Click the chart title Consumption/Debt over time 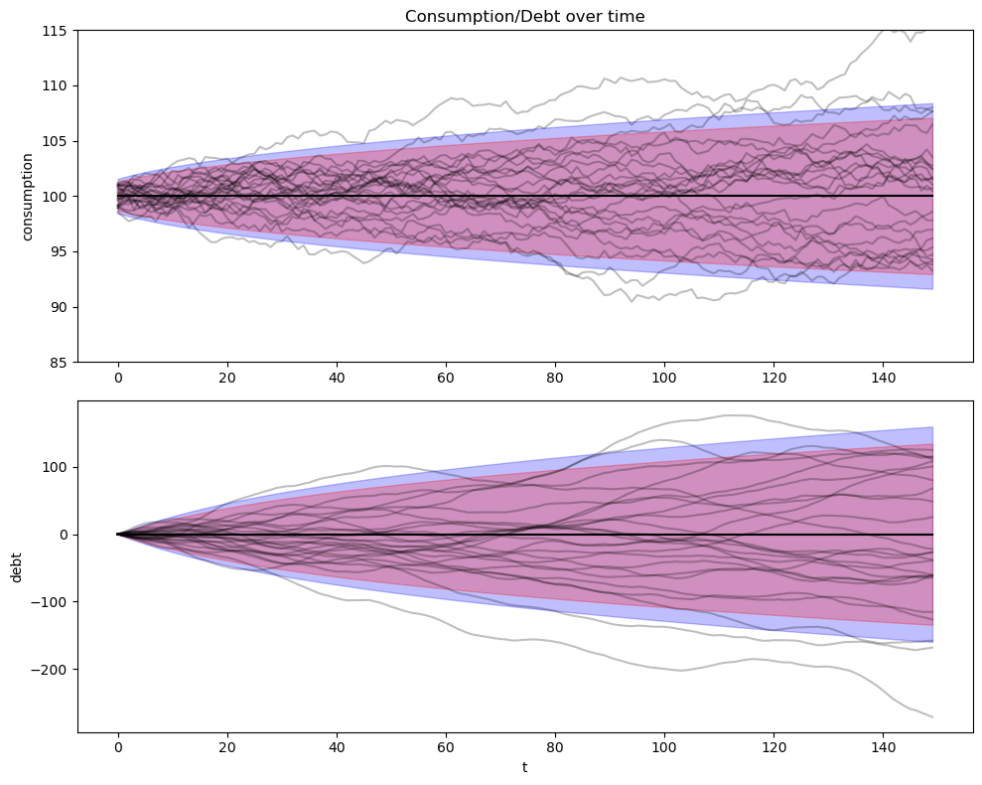click(524, 16)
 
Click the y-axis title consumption click(28, 196)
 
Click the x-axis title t click(524, 767)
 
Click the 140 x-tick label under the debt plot click(883, 748)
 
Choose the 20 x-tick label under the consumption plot click(227, 379)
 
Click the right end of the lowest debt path click(931, 716)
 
